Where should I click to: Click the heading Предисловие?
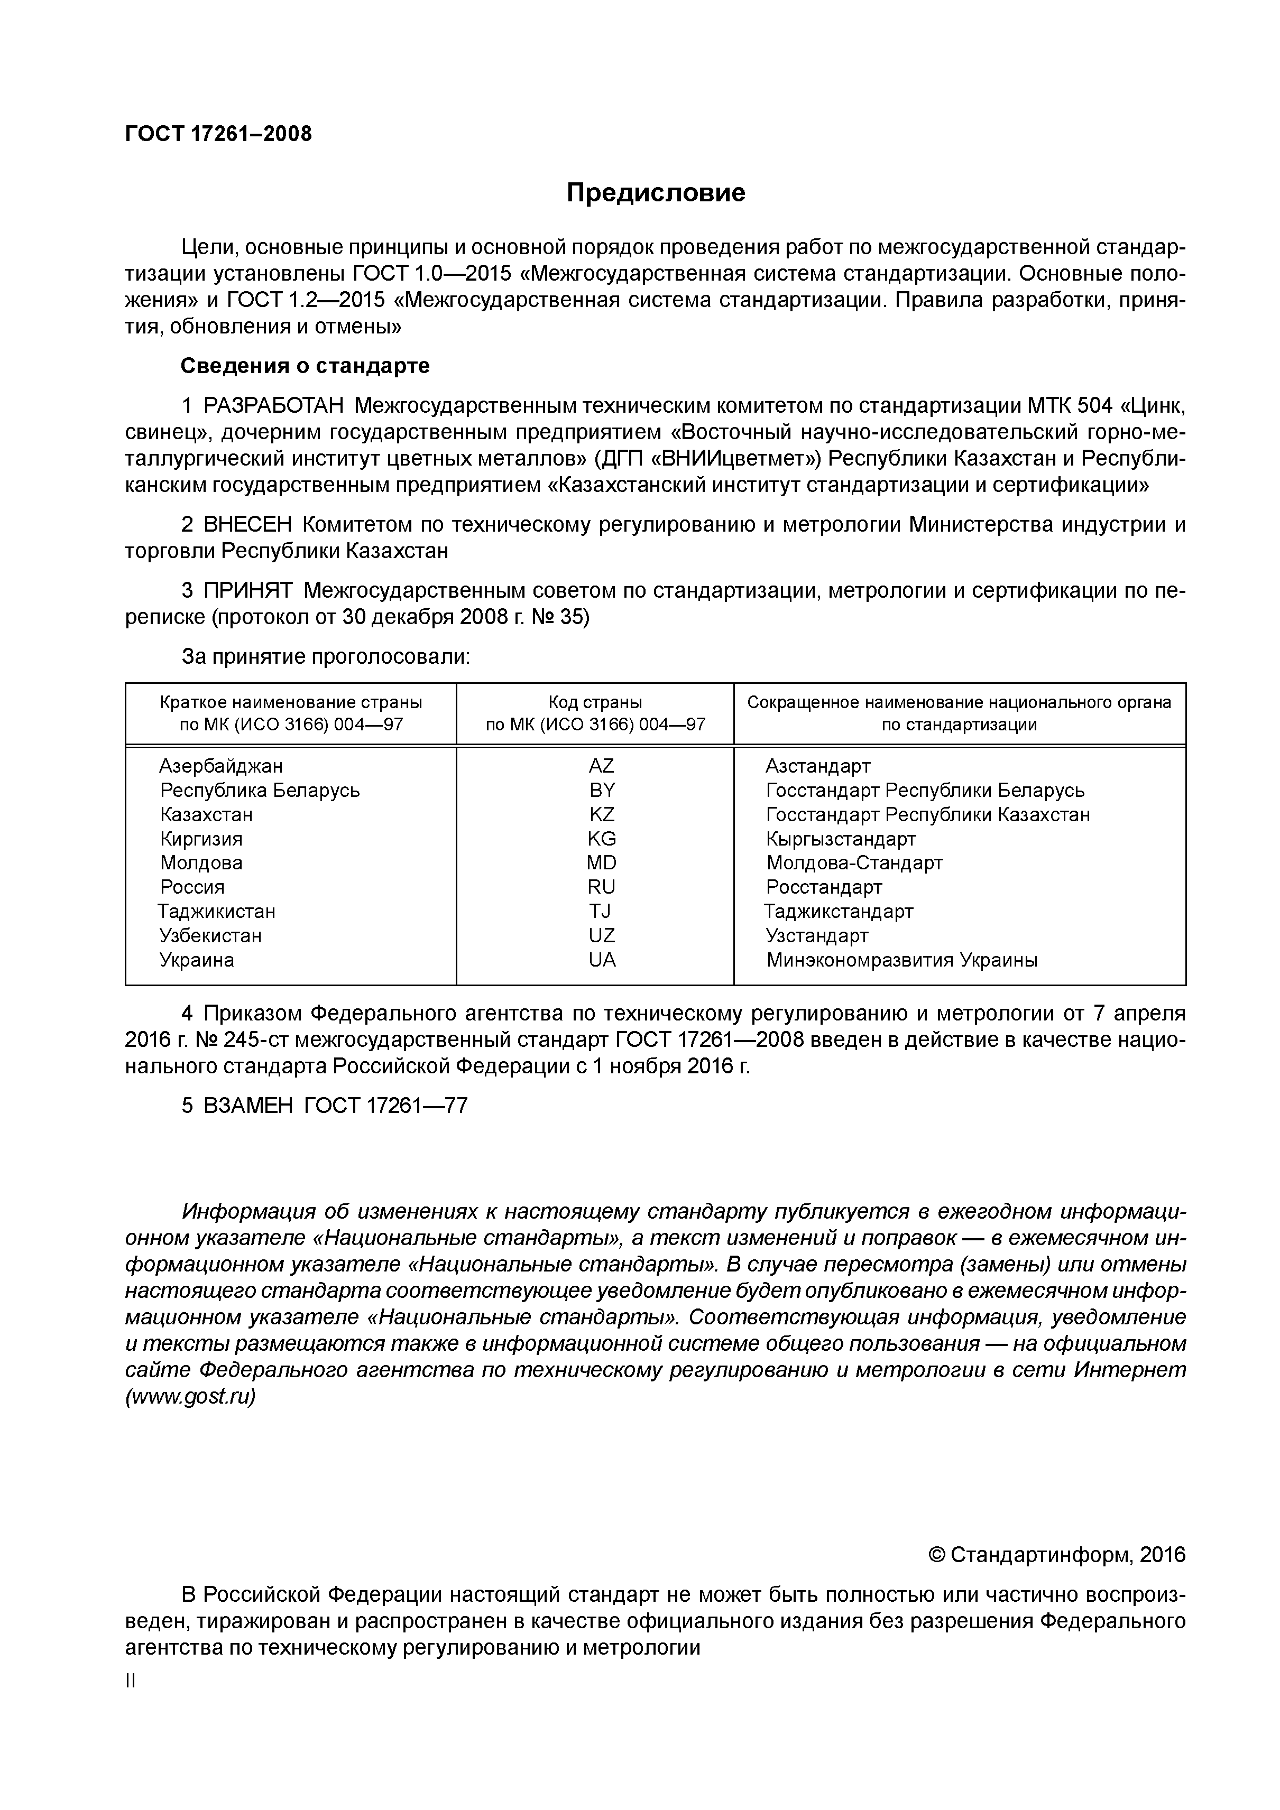pos(656,192)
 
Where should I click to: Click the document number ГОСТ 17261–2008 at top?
pos(218,134)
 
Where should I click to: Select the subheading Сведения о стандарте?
pos(305,366)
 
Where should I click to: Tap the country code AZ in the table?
pos(601,765)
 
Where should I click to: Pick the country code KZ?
pos(602,814)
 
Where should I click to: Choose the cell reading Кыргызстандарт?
pos(841,839)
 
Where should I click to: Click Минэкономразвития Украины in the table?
pos(901,960)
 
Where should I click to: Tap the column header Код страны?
pos(595,702)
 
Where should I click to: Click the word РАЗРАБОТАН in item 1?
pos(274,406)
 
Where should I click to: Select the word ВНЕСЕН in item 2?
pos(247,524)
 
